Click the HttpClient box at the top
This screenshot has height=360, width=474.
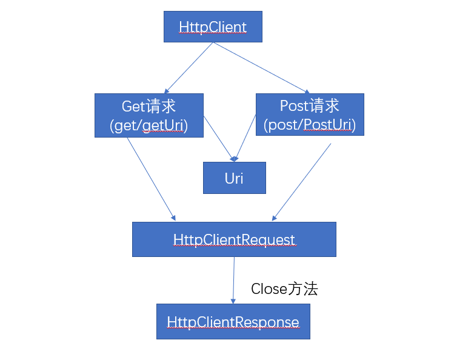(x=213, y=27)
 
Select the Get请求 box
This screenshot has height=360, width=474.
(x=149, y=115)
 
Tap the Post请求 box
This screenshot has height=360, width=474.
(x=310, y=115)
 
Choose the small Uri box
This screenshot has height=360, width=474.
(x=234, y=178)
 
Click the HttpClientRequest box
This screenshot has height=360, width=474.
(x=234, y=239)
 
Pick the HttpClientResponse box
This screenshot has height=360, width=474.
(x=233, y=322)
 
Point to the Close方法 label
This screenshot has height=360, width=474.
(x=284, y=289)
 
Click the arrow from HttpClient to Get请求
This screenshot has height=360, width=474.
(x=188, y=67)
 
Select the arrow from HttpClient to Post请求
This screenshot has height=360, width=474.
(x=259, y=67)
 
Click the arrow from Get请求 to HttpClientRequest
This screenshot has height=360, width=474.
(x=151, y=178)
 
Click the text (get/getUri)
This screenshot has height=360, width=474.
(x=149, y=125)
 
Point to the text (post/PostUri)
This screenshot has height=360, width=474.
(x=310, y=125)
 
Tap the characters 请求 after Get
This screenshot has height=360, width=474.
(x=161, y=106)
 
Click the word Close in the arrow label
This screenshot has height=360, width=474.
(x=269, y=289)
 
